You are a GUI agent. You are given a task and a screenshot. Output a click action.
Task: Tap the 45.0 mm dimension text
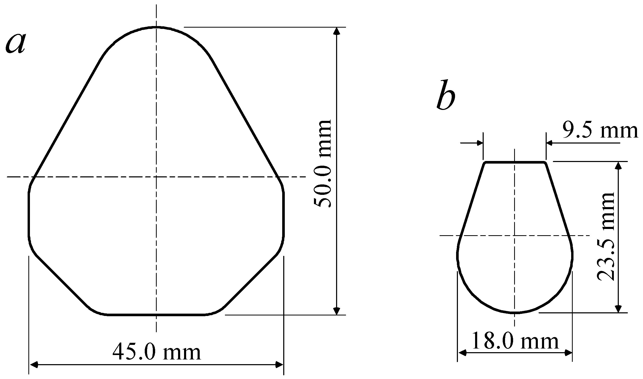tap(157, 352)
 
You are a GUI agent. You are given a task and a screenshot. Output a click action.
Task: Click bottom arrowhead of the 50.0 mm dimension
tap(337, 311)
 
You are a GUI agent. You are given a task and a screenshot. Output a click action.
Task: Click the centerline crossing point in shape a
tap(156, 177)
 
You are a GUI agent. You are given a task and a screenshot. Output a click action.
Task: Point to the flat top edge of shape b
tap(515, 162)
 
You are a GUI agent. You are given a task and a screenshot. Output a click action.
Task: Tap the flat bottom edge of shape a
tap(156, 315)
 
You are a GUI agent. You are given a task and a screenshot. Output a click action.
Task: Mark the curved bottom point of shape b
tap(515, 312)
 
